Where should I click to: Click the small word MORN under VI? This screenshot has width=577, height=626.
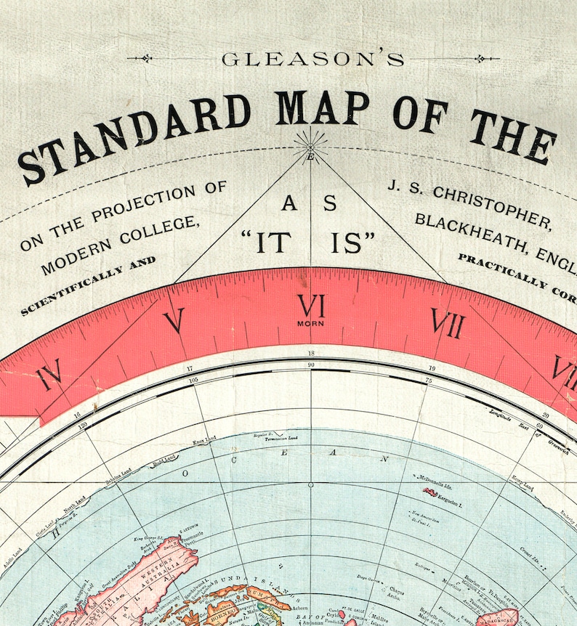tap(310, 323)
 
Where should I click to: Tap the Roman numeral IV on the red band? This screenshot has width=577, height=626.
tap(49, 378)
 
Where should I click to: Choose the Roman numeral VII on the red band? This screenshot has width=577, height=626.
tap(447, 323)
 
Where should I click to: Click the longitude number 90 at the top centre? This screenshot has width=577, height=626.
tap(311, 365)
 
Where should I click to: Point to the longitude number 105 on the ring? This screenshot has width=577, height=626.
tap(193, 380)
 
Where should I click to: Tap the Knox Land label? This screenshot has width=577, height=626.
tap(203, 442)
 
